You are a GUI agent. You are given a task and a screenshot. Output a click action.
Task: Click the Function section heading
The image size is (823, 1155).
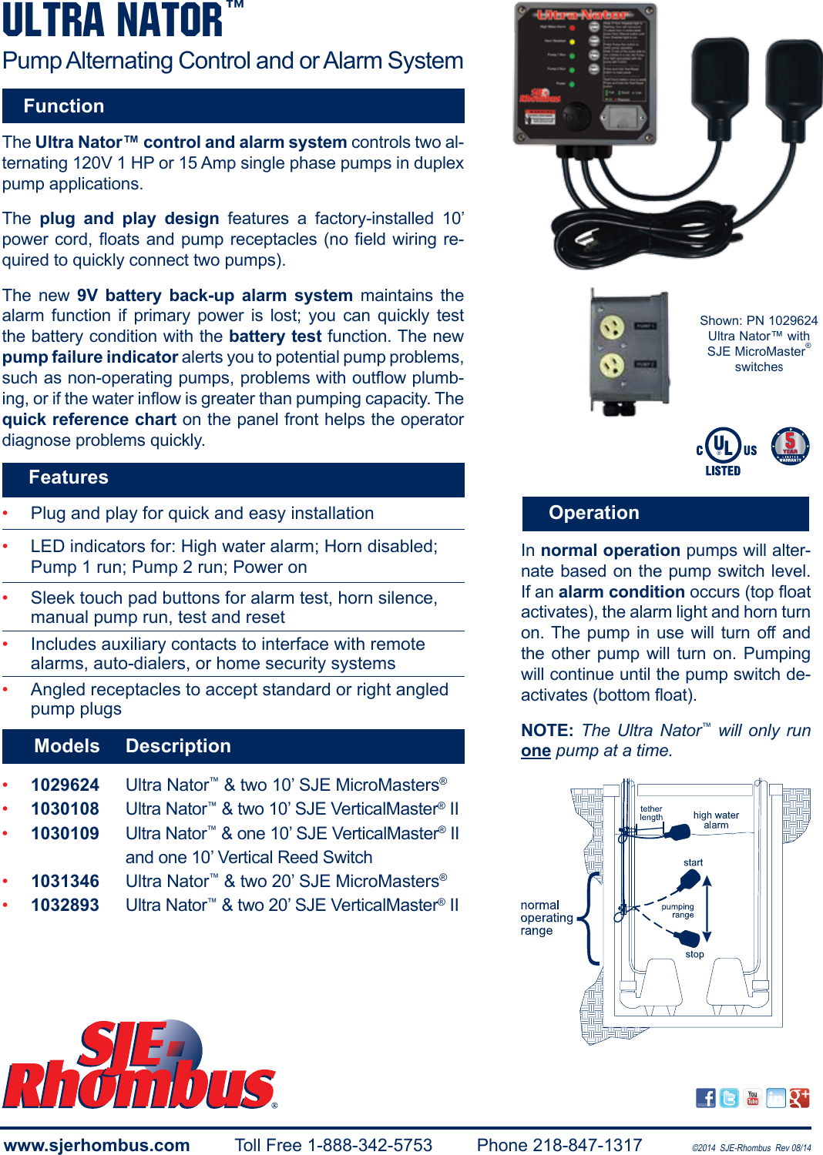pyautogui.click(x=64, y=106)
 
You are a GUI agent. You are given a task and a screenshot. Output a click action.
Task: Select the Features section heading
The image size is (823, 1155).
pyautogui.click(x=69, y=477)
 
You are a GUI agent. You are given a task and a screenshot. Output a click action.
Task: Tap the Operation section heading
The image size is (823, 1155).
pyautogui.click(x=593, y=513)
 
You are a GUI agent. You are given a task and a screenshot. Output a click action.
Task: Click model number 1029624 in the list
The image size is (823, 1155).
pyautogui.click(x=66, y=785)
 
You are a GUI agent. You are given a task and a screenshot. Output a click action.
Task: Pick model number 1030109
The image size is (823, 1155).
pyautogui.click(x=66, y=833)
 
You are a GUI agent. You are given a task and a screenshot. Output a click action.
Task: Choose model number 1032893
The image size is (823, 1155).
pyautogui.click(x=66, y=905)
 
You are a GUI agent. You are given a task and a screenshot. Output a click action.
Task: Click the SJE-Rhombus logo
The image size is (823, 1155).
pyautogui.click(x=139, y=1066)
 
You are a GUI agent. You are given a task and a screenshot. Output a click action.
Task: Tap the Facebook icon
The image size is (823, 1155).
pyautogui.click(x=705, y=1098)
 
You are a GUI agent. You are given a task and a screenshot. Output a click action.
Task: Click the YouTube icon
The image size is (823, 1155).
pyautogui.click(x=753, y=1098)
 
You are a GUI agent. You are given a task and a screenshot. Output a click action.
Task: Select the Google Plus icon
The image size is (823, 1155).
pyautogui.click(x=799, y=1098)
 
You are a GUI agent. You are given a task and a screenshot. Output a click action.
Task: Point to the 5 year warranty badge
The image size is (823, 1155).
pyautogui.click(x=790, y=446)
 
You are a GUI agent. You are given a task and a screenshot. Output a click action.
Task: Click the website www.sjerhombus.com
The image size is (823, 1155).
pyautogui.click(x=97, y=1145)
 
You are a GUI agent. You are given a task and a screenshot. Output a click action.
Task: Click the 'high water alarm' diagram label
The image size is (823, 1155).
pyautogui.click(x=716, y=820)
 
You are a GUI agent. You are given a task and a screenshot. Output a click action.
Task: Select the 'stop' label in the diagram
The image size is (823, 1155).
pyautogui.click(x=694, y=954)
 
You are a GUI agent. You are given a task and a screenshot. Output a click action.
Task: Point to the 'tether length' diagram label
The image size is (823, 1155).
pyautogui.click(x=651, y=813)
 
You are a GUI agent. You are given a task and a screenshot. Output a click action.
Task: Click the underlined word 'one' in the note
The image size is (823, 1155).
pyautogui.click(x=536, y=751)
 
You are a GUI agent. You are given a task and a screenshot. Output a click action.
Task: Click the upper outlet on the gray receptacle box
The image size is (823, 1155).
pyautogui.click(x=613, y=330)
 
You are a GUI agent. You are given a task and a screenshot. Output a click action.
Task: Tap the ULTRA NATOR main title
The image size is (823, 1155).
pyautogui.click(x=113, y=21)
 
